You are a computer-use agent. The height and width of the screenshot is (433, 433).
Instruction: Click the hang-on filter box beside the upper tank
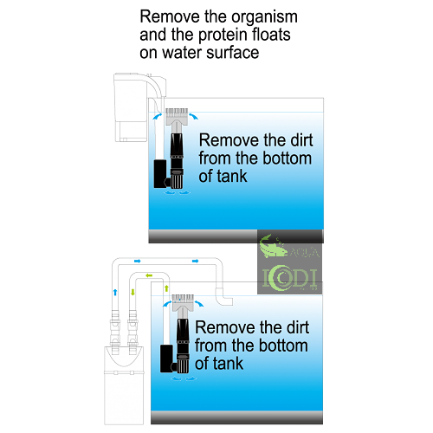(131, 107)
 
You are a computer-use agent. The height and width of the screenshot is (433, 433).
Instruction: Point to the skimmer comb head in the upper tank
(177, 116)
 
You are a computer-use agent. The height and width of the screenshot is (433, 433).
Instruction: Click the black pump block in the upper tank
(160, 174)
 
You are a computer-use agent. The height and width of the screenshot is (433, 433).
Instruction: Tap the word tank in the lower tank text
(228, 363)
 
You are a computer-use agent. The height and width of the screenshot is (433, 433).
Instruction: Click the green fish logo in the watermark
(273, 246)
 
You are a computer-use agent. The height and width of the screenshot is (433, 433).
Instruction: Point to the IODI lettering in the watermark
(289, 278)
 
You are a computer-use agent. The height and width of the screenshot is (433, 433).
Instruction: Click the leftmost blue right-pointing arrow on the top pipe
(138, 262)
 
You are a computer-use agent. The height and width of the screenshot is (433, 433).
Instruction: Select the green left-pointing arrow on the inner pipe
(149, 275)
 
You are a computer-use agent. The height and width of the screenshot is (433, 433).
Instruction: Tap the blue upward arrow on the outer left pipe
(115, 292)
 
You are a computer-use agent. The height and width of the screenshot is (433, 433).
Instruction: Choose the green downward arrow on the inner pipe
(132, 292)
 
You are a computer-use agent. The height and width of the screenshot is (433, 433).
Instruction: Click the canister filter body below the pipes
(124, 385)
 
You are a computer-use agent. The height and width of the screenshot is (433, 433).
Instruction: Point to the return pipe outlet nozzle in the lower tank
(223, 296)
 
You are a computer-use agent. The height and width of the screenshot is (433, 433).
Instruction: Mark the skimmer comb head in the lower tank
(183, 302)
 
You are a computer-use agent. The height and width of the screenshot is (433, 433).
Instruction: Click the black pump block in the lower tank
(167, 359)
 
